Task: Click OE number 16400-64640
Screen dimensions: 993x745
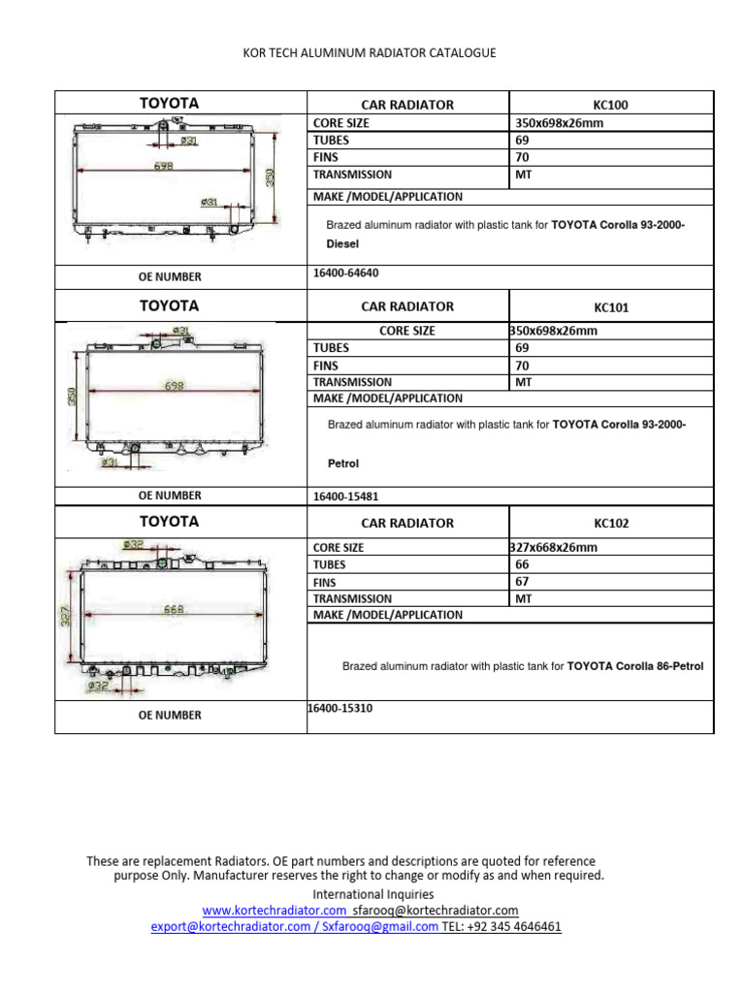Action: coord(346,273)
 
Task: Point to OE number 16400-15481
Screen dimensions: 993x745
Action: coord(346,496)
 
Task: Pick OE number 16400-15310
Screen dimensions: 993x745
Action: coord(340,709)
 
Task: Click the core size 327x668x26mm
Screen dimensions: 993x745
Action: coord(554,547)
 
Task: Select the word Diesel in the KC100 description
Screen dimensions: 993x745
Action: coord(343,245)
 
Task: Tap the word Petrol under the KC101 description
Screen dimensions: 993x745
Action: coord(343,464)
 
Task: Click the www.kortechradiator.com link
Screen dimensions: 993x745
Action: coord(275,911)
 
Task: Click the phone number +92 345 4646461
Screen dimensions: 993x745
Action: coord(515,926)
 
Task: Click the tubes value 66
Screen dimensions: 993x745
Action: coord(522,563)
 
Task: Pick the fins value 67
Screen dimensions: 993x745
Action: coord(522,581)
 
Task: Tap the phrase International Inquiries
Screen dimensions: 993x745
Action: coord(372,894)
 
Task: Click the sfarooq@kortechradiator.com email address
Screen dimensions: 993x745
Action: coord(436,911)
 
